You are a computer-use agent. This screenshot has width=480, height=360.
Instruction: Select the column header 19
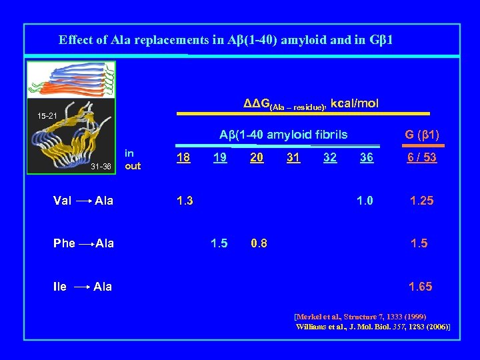pos(219,157)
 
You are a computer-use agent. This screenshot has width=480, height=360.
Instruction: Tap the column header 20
pos(256,157)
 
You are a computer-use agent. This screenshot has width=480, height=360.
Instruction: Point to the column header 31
pos(293,157)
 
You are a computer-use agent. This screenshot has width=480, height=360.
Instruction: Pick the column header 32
pos(329,157)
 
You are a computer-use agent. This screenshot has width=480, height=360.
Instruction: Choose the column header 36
pos(366,157)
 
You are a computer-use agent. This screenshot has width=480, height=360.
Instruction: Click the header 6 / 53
pos(421,157)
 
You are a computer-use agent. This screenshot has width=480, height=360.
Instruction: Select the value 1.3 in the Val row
pos(184,201)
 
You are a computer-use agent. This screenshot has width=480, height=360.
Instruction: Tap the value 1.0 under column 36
pos(365,201)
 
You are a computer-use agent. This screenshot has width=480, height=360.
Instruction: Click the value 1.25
pos(421,201)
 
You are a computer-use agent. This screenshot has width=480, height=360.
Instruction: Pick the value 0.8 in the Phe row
pos(259,243)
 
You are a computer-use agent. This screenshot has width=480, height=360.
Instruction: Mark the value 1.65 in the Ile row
pos(421,287)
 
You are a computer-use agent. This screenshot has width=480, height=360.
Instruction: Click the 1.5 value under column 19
pos(219,243)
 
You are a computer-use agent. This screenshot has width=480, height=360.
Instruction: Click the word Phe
pos(64,243)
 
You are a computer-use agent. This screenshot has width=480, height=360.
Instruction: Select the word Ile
pos(59,287)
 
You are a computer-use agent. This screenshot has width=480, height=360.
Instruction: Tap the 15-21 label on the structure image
pos(47,116)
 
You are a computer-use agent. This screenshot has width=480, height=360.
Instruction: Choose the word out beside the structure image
pos(133,166)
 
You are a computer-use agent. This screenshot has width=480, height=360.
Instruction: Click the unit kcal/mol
pos(355,103)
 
